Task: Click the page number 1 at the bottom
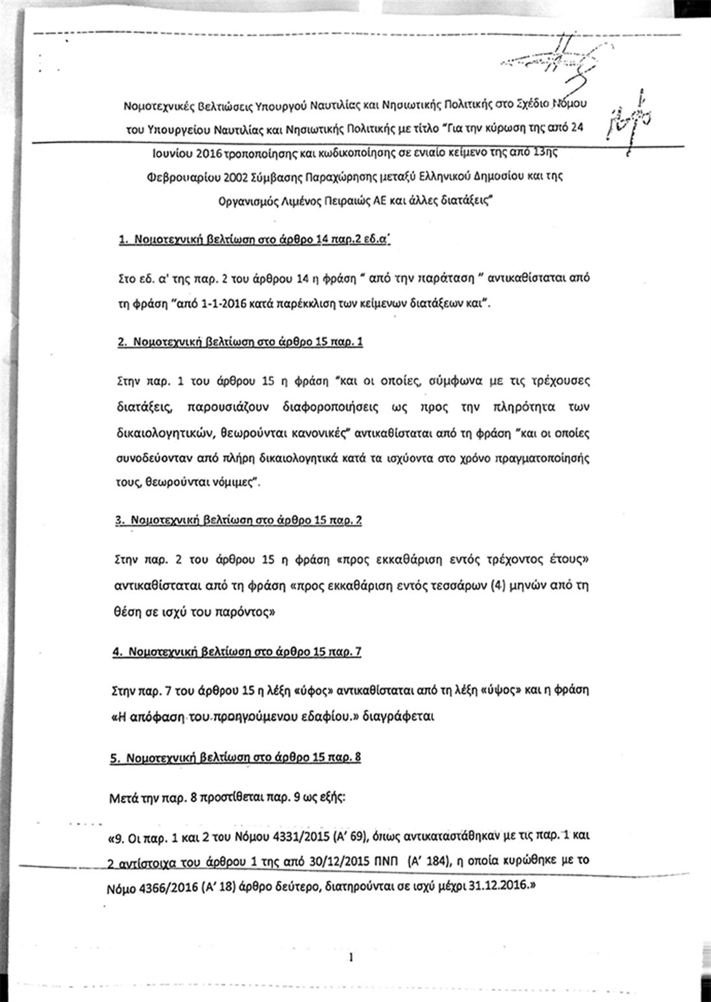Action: coord(350,957)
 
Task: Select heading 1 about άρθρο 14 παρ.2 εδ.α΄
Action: coord(256,240)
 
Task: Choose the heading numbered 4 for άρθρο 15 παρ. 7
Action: coord(237,652)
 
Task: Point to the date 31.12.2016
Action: coord(496,883)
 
